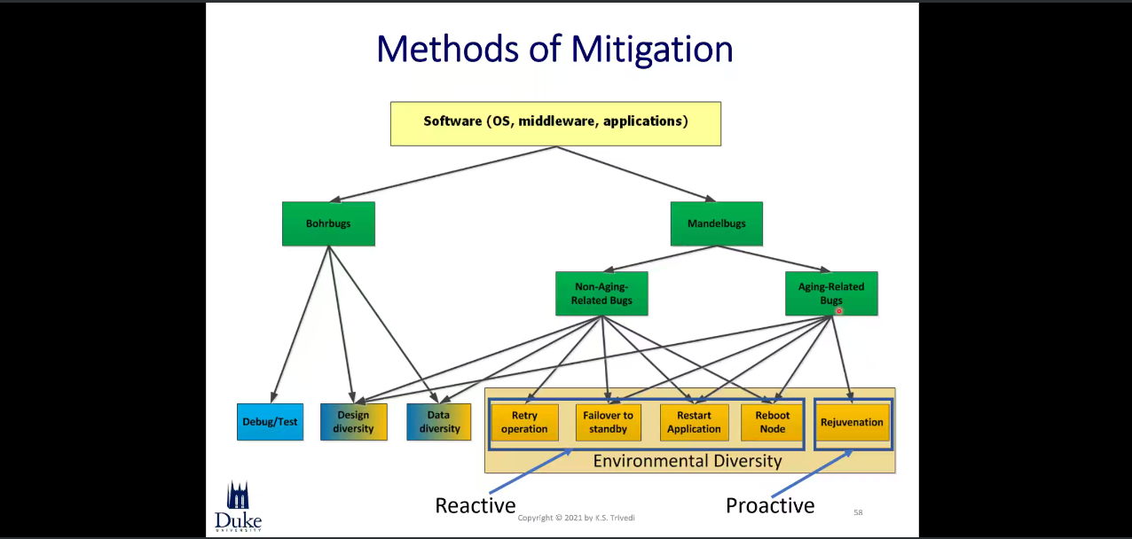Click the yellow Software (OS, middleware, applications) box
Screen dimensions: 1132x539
click(555, 124)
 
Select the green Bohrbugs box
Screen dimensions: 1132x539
click(328, 223)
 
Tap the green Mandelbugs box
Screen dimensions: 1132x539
click(717, 223)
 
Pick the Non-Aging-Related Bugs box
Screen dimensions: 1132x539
click(601, 293)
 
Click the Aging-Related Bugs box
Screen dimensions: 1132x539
click(831, 293)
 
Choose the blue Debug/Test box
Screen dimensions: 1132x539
click(270, 422)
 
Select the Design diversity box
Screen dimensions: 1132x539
click(354, 422)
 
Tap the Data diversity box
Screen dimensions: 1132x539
click(438, 422)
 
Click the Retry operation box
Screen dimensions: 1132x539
click(524, 422)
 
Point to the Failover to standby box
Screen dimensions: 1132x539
click(608, 422)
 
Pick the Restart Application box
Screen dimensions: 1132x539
click(694, 422)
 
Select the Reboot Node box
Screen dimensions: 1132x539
click(772, 422)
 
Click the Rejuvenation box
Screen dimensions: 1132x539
click(853, 422)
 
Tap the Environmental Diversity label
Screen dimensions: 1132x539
click(688, 461)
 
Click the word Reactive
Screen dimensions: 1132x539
click(475, 505)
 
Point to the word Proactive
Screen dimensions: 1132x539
click(770, 505)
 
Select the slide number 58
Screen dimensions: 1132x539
click(858, 512)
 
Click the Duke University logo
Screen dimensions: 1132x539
click(238, 506)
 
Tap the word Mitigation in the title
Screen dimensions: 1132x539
click(652, 50)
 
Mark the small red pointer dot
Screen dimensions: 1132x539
click(839, 311)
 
